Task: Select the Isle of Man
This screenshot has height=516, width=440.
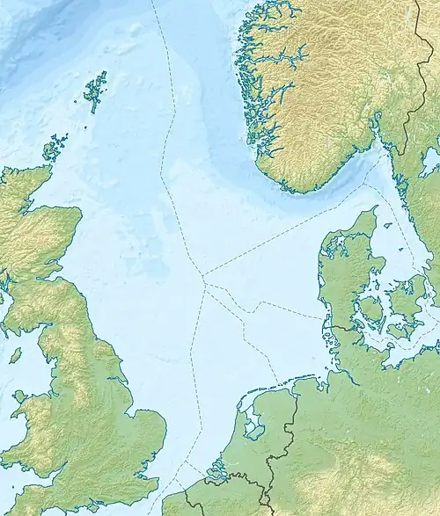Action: (15, 356)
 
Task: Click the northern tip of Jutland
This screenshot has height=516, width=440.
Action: (374, 208)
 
